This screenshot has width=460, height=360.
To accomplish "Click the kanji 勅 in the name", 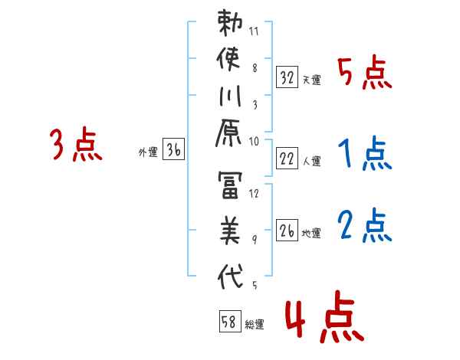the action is [x=230, y=23].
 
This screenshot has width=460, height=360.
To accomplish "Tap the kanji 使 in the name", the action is [x=228, y=60].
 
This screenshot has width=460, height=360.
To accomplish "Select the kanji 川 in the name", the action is [x=230, y=96].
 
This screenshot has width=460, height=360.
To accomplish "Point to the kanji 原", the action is [x=228, y=133].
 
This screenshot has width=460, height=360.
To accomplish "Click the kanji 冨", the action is [x=230, y=185].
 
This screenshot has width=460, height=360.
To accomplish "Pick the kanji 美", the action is [x=230, y=231].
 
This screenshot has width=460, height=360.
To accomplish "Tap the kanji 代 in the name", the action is [x=230, y=277].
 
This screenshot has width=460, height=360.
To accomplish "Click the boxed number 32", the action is [x=287, y=77].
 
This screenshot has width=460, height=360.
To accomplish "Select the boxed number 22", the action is [x=287, y=159].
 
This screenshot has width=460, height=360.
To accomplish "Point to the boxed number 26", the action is [x=287, y=231].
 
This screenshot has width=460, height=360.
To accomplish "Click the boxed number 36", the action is [x=174, y=149].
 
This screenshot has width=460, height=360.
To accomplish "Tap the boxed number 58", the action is [x=230, y=321].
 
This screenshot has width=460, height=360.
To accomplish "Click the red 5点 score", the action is [x=364, y=73].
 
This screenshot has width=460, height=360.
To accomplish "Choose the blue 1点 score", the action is [x=365, y=153].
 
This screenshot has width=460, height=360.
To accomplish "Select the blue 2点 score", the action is [x=365, y=225].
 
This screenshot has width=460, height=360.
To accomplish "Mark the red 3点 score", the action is [x=76, y=144].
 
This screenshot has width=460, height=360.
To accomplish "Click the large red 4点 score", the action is [x=324, y=316].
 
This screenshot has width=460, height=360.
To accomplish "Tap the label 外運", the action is [x=148, y=152].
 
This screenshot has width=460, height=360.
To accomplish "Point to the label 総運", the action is [x=255, y=324].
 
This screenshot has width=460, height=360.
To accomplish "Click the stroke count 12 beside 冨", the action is [x=254, y=193].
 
